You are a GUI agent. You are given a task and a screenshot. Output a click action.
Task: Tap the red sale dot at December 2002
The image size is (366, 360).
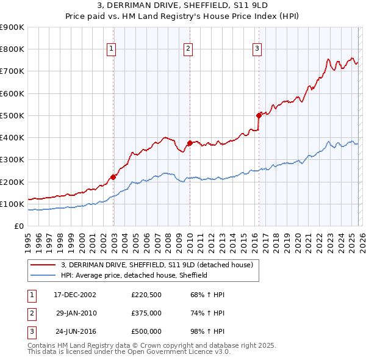(113, 177)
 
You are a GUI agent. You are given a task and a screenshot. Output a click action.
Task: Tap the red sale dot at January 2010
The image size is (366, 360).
(190, 143)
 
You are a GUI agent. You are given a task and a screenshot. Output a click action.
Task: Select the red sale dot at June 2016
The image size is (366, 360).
(259, 115)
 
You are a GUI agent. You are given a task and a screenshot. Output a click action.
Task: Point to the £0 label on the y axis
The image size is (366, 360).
(18, 226)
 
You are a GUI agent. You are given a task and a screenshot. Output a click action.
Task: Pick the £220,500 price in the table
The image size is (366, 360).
(146, 295)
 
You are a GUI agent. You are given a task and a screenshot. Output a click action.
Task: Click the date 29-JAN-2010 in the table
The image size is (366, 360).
(76, 313)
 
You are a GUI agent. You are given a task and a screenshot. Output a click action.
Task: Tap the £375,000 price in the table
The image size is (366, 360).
(146, 313)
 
